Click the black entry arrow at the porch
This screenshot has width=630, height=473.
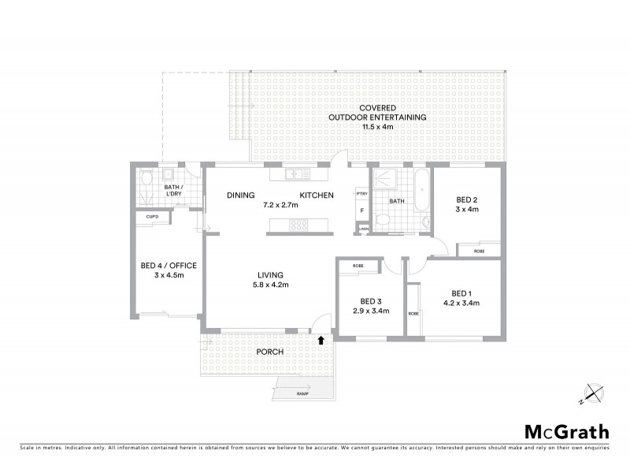[x=321, y=341]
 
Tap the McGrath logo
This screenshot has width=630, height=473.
[x=566, y=431]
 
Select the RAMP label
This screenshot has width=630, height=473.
[x=302, y=393]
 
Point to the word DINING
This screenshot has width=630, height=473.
[x=240, y=196]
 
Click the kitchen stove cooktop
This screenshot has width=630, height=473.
[x=300, y=226]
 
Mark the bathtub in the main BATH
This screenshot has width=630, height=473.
[x=421, y=192]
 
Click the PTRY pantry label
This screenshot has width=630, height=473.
[x=361, y=194]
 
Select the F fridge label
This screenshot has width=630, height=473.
[x=361, y=211]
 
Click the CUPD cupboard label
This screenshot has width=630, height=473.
[x=151, y=216]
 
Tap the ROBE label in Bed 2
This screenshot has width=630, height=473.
[x=479, y=251]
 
